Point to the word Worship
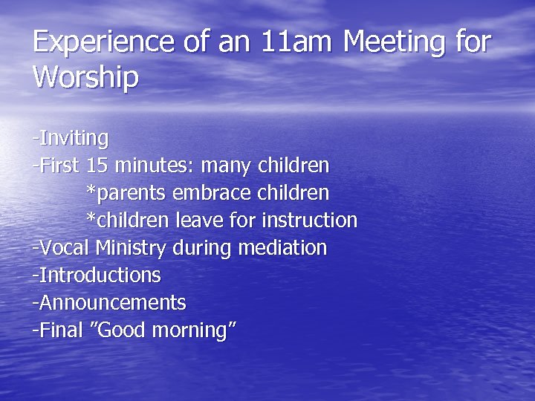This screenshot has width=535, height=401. coord(85,77)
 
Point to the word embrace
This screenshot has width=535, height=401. coord(213,193)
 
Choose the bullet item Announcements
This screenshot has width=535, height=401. coord(111,302)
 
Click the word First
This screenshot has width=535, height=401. coord(59,166)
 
